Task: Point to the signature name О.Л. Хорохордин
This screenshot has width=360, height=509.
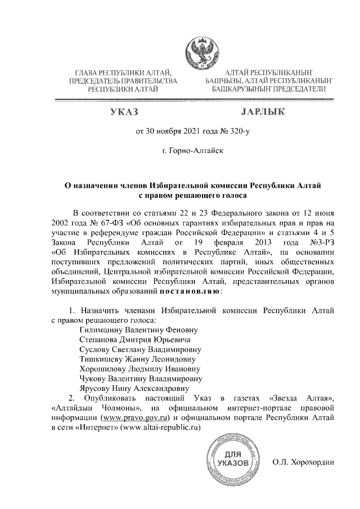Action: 303,462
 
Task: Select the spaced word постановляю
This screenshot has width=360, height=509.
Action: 190,292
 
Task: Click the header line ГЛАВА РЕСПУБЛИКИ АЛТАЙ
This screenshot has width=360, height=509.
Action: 122,73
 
